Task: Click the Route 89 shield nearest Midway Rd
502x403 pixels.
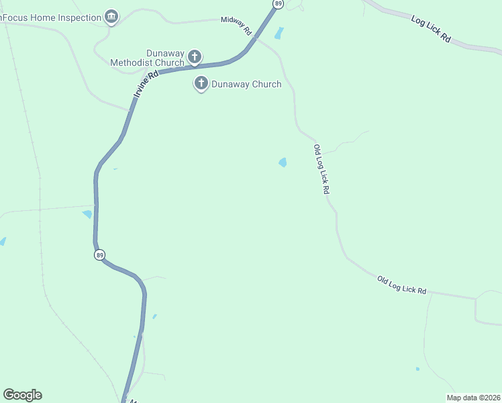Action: coord(278,4)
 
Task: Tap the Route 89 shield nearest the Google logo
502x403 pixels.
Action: coord(99,255)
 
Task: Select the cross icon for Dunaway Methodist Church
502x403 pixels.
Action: coord(195,56)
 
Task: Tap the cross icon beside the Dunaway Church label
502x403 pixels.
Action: coord(201,84)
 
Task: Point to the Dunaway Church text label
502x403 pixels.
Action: coord(246,85)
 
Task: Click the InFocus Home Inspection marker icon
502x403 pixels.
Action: coord(111,17)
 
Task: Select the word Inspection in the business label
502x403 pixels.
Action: coord(78,17)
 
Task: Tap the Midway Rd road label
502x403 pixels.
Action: coord(236,26)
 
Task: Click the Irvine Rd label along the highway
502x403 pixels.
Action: coord(146,86)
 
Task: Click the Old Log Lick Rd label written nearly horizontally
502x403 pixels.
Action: coord(401,285)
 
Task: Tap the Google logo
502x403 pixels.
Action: coord(22,395)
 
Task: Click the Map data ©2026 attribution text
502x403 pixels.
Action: coord(474,398)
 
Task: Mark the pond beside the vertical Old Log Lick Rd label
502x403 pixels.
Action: coord(283,163)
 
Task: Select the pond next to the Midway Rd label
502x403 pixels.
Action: coord(279,33)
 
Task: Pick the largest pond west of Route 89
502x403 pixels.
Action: coord(87,214)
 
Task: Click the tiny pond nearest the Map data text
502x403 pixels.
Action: coord(417,369)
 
